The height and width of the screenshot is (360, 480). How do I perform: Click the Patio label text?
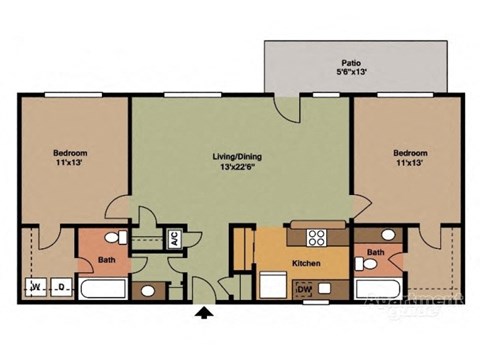pos(349,60)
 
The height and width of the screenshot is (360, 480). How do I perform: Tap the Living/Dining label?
pos(238,156)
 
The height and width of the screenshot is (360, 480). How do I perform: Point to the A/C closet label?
pos(173,240)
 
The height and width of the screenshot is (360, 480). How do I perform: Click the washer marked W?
pos(36,288)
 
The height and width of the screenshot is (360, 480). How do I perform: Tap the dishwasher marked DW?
pos(305,290)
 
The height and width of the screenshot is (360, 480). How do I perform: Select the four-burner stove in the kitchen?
pos(317,238)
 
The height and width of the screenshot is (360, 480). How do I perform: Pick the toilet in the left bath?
pos(118,238)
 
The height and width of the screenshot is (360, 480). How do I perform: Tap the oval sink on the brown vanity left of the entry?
pos(149,291)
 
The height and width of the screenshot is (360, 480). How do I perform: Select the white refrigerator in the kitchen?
pos(271,285)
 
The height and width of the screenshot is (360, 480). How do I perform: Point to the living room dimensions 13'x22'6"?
pos(238,167)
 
